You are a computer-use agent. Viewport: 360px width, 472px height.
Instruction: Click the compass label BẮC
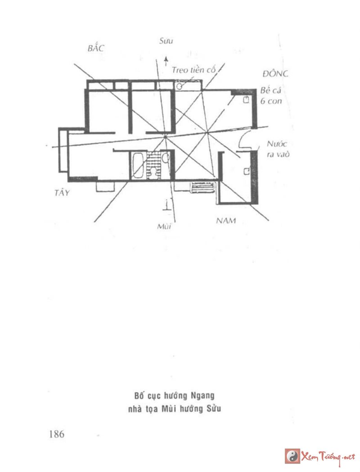[x=95, y=48]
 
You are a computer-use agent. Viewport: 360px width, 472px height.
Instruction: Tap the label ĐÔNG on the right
[x=276, y=73]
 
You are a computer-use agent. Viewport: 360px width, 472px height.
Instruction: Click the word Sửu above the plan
[x=166, y=41]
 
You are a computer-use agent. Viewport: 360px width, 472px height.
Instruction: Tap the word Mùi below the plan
[x=165, y=226]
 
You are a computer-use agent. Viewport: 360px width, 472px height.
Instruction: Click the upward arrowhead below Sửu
[x=166, y=59]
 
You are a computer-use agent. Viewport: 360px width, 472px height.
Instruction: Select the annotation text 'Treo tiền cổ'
[x=194, y=70]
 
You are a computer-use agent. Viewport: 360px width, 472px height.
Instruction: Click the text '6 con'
[x=271, y=101]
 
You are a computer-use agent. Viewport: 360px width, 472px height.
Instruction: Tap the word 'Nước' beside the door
[x=276, y=144]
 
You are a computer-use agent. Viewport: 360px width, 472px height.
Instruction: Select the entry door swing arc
[x=243, y=141]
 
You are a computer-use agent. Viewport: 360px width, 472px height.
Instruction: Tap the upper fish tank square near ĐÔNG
[x=246, y=101]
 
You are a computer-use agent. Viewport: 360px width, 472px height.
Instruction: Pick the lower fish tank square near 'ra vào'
[x=246, y=171]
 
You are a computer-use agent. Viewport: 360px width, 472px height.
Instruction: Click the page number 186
[x=57, y=434]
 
